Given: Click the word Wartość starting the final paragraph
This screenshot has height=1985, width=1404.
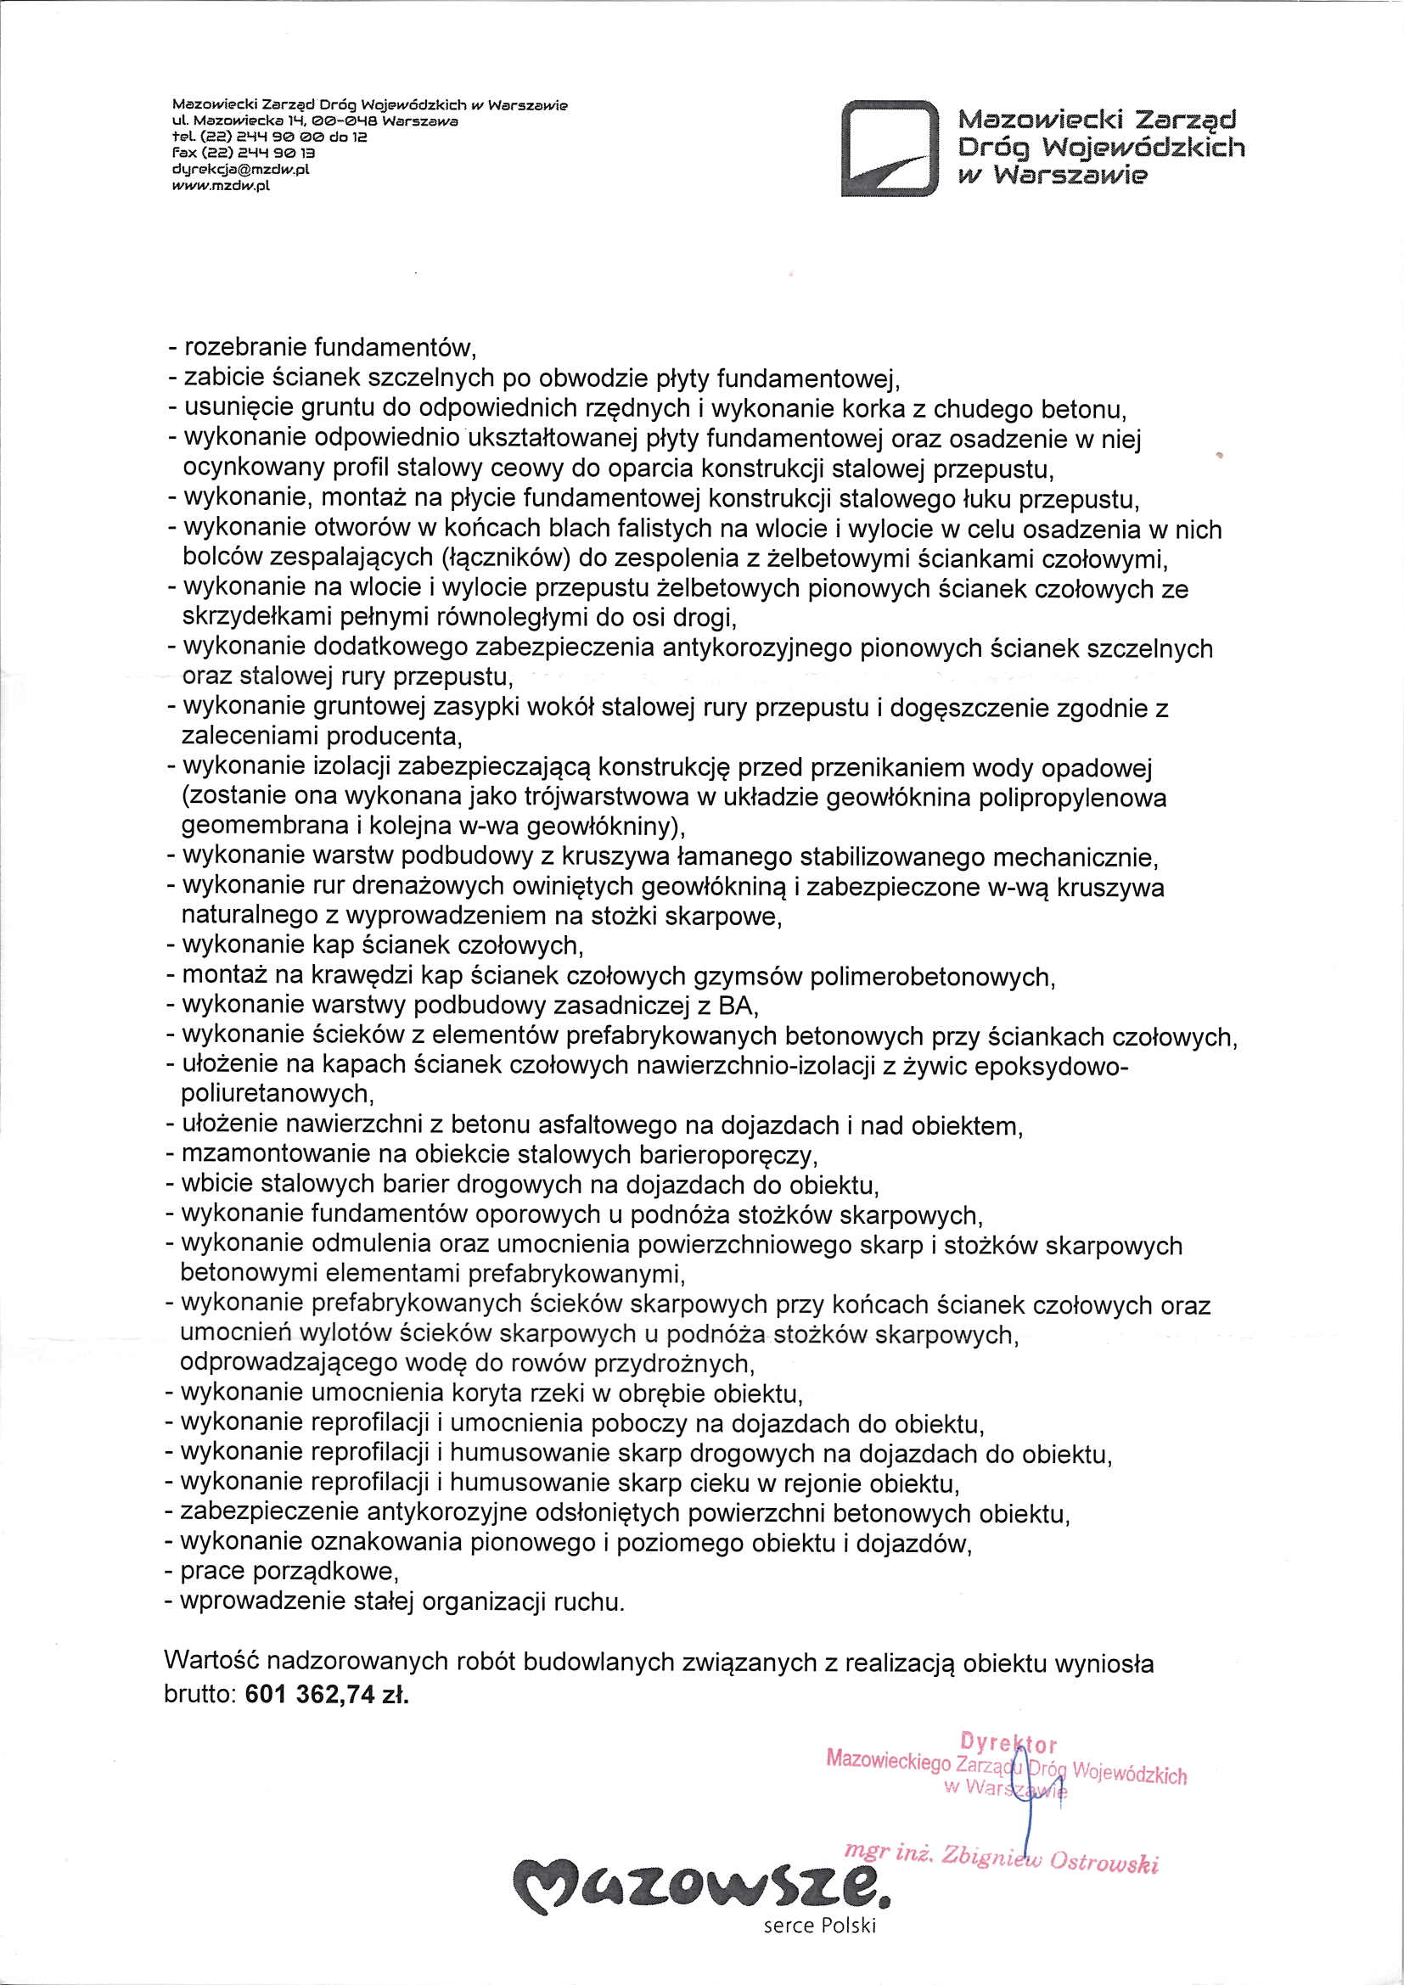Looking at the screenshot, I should pos(210,1663).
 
